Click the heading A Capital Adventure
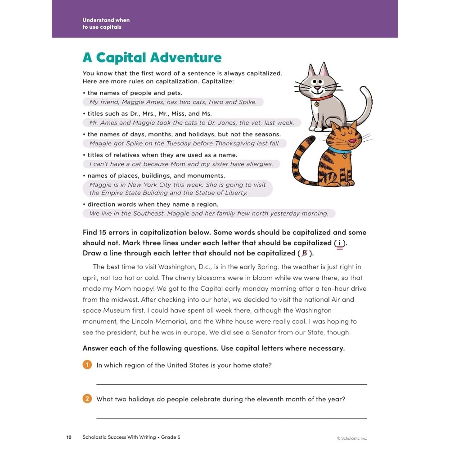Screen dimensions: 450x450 tap(152, 58)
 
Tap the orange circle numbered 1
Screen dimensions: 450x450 tap(87, 365)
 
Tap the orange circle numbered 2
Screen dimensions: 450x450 tap(87, 399)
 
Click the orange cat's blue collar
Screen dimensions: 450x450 tap(339, 150)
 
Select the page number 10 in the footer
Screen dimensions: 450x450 tap(69, 437)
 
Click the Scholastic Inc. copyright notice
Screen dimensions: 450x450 tap(352, 438)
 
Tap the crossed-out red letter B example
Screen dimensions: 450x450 tap(305, 253)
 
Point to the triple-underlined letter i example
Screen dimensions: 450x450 tap(339, 243)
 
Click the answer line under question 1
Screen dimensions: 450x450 tap(231, 384)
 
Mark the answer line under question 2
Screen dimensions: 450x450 tap(231, 418)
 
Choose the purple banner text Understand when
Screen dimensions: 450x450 tap(106, 20)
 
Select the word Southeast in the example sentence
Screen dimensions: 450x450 tap(146, 213)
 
